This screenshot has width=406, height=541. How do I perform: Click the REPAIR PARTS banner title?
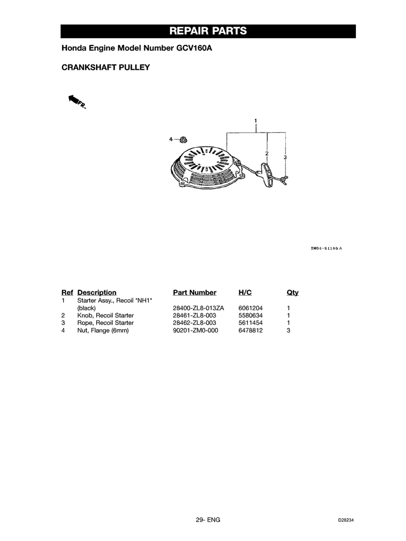[x=208, y=31]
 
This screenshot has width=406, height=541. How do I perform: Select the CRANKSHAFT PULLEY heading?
[x=105, y=68]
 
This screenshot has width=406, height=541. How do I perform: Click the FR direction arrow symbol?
[x=76, y=102]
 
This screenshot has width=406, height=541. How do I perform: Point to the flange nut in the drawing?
[x=183, y=140]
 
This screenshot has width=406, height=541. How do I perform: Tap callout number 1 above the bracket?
[x=255, y=120]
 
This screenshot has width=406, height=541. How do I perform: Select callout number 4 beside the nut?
[x=171, y=139]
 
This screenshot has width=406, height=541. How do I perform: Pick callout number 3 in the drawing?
[x=285, y=157]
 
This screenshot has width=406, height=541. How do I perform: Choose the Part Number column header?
[x=194, y=293]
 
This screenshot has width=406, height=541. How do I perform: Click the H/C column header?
[x=245, y=293]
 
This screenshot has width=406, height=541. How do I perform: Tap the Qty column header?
[x=293, y=293]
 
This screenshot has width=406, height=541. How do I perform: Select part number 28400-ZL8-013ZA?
[x=198, y=308]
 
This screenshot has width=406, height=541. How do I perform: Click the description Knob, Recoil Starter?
[x=105, y=315]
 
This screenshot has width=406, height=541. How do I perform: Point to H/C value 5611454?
[x=251, y=323]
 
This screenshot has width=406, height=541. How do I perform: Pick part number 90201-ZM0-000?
[x=195, y=331]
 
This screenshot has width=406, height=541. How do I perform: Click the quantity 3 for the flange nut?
[x=289, y=331]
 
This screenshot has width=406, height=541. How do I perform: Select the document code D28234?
[x=347, y=520]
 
